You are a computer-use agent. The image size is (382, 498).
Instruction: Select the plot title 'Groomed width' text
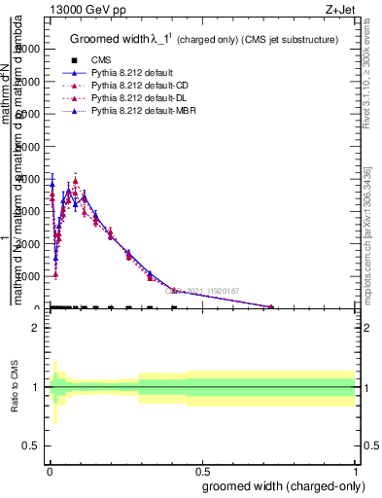[x=108, y=40]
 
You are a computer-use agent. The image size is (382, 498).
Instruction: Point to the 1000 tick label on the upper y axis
[x=29, y=276]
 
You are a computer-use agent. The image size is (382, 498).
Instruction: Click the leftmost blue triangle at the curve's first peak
[x=52, y=182]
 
